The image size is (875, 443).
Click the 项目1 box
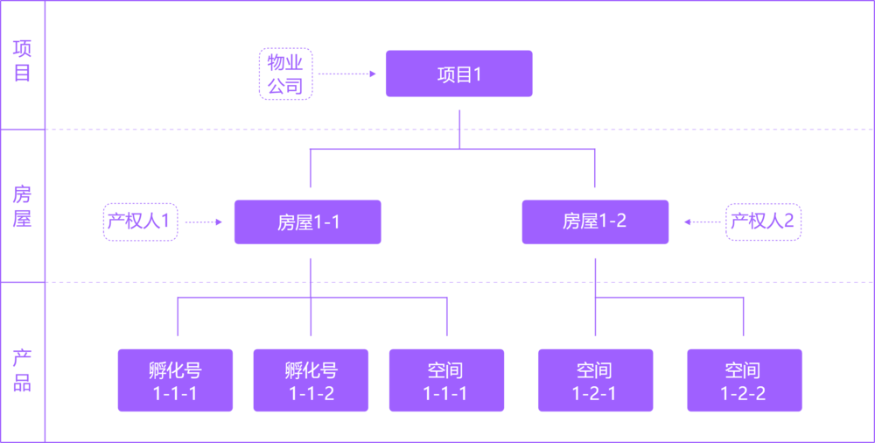coord(458,74)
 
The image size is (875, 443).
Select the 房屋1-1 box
coord(307,222)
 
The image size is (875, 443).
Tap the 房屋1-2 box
coord(595,222)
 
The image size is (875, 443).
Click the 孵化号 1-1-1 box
coord(175,381)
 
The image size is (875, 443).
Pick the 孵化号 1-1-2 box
coord(311,381)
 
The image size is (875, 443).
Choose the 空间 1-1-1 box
coord(446,381)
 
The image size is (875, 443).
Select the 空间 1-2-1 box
coord(595,381)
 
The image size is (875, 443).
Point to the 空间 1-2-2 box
coord(744,381)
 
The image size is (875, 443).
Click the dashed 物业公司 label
coord(285,74)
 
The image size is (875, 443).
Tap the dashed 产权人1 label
coord(140,221)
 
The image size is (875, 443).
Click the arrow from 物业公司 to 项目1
coord(347,74)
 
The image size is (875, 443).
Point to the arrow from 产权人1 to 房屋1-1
coord(205,221)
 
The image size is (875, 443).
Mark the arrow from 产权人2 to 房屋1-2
coord(702,221)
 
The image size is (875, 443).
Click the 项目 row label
coord(22,61)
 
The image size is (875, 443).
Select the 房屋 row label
coord(22,206)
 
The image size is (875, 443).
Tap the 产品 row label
coord(22,369)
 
